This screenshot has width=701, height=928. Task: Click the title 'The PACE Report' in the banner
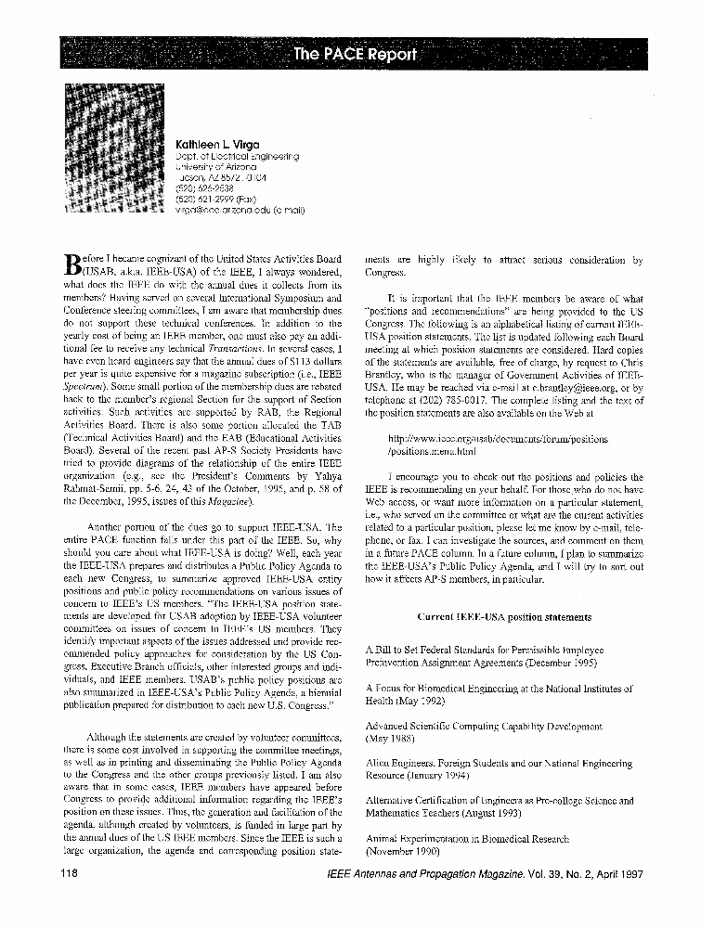click(355, 53)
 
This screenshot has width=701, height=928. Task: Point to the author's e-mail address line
click(240, 210)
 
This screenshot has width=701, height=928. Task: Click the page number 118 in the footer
click(68, 873)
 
